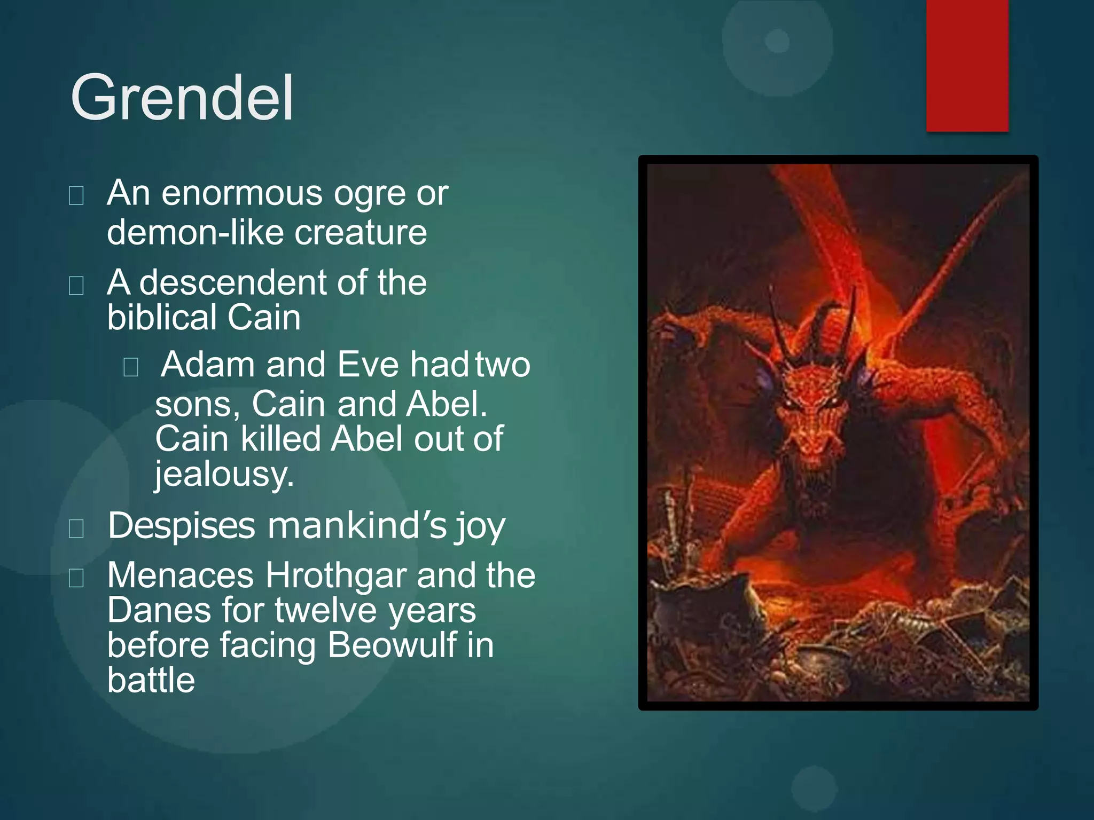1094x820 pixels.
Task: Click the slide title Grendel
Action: tap(182, 98)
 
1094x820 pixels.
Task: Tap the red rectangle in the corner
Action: tap(967, 65)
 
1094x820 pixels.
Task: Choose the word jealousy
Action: tap(224, 474)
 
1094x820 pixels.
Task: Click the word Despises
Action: tap(182, 526)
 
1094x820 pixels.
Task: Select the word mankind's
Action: tap(357, 526)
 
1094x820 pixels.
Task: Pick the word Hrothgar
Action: tap(336, 575)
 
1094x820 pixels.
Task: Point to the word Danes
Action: tap(159, 610)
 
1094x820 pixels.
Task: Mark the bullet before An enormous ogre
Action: tap(76, 196)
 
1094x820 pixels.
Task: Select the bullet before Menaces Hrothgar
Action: tap(76, 578)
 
